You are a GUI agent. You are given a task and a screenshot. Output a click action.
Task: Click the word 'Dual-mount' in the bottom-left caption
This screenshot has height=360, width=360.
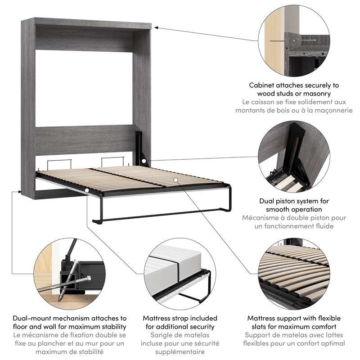click(x=32, y=318)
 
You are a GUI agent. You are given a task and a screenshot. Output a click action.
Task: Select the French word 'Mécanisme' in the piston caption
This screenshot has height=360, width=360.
click(x=261, y=218)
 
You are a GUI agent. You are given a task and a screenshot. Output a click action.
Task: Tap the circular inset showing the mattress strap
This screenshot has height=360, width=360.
click(x=180, y=274)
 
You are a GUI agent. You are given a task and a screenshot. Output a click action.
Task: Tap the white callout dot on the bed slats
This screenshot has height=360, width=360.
click(x=176, y=180)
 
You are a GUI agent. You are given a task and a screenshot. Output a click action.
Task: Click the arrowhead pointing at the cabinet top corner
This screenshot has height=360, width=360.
click(x=155, y=28)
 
